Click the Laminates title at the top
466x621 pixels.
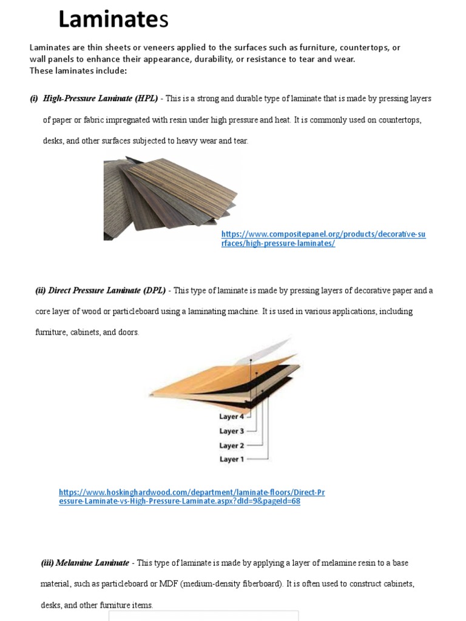113,21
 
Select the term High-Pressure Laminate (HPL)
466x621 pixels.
100,98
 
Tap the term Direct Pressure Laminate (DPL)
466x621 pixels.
103,290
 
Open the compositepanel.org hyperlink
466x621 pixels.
323,238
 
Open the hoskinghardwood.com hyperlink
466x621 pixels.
191,497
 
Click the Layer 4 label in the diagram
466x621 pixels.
232,417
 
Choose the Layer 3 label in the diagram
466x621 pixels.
232,431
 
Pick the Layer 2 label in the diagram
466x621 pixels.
232,446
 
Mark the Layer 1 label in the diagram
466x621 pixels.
232,459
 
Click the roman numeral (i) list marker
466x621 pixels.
34,98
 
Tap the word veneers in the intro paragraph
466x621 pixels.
157,47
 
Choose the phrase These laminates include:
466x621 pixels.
78,70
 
